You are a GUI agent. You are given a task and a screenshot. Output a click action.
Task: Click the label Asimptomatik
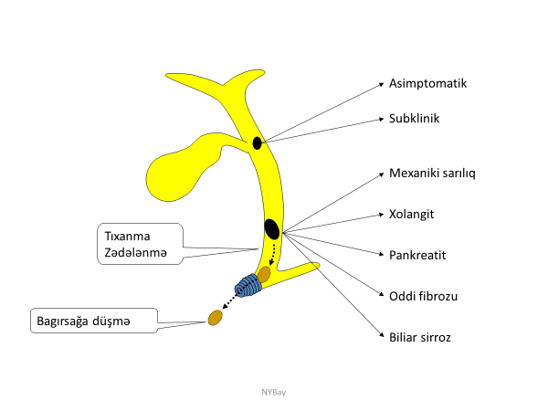coord(428,83)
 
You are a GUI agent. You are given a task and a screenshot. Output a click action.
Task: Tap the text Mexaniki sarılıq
coord(434,172)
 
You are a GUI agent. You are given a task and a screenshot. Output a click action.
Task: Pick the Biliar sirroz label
coord(421,336)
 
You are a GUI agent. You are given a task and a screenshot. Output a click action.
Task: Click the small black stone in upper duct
coord(258,142)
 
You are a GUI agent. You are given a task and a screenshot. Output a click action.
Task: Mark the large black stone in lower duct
coord(271,228)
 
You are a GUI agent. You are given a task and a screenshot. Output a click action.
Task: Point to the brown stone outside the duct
coord(216,317)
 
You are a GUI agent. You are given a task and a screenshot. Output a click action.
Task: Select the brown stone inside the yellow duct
coord(264,273)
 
